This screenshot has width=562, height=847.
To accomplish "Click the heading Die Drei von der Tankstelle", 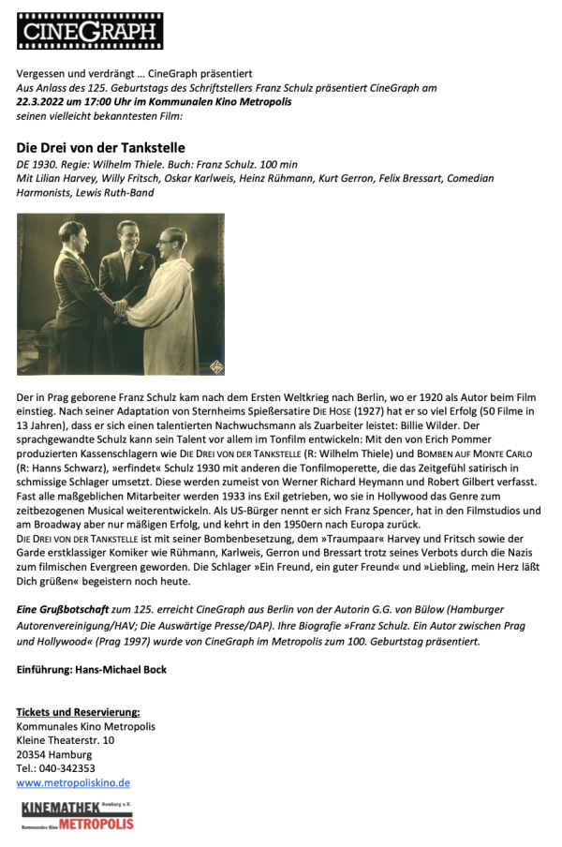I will point(101,147).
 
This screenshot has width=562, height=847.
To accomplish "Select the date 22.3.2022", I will point(43,101).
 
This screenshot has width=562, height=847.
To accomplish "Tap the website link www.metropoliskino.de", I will point(73,782).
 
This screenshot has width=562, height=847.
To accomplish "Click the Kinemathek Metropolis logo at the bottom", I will point(78,815).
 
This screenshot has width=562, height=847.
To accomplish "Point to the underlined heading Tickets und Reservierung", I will point(78,712).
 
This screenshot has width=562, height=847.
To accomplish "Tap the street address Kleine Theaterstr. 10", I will point(66,740).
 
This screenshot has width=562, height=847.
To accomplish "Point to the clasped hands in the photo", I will point(123,306).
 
